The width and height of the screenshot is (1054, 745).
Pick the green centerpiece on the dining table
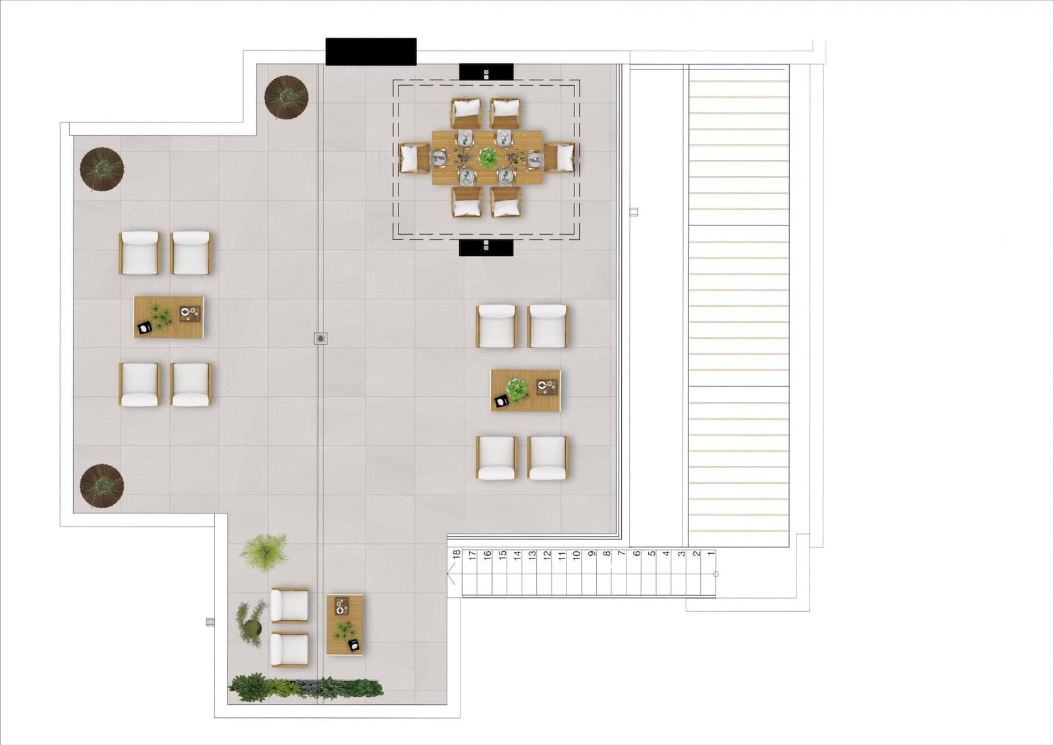pyautogui.click(x=487, y=158)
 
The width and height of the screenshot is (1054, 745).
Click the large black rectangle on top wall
pyautogui.click(x=371, y=52)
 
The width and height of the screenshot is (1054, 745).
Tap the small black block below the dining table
pyautogui.click(x=486, y=248)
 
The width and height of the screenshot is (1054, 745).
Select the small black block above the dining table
pyautogui.click(x=486, y=72)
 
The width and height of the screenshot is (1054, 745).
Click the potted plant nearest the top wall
pyautogui.click(x=287, y=97)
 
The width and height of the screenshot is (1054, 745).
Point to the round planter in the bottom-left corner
pyautogui.click(x=101, y=486)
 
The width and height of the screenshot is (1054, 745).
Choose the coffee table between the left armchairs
pyautogui.click(x=169, y=317)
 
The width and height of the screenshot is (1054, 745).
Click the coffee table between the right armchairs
pyautogui.click(x=526, y=390)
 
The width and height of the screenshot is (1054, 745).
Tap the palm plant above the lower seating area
pyautogui.click(x=263, y=552)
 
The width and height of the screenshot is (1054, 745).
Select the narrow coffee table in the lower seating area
pyautogui.click(x=345, y=624)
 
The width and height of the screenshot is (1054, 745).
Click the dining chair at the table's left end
pyautogui.click(x=414, y=158)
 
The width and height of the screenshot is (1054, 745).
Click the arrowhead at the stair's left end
pyautogui.click(x=451, y=574)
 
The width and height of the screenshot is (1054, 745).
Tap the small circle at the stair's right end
pyautogui.click(x=715, y=574)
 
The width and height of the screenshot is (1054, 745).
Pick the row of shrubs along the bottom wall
pyautogui.click(x=306, y=688)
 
